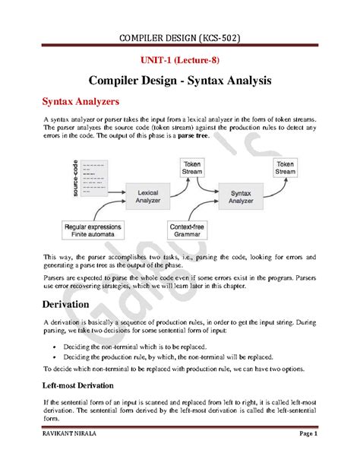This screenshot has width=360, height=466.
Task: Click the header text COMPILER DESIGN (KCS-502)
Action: click(180, 38)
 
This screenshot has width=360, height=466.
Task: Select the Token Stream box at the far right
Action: click(286, 167)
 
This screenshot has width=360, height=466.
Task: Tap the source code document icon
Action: click(93, 175)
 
